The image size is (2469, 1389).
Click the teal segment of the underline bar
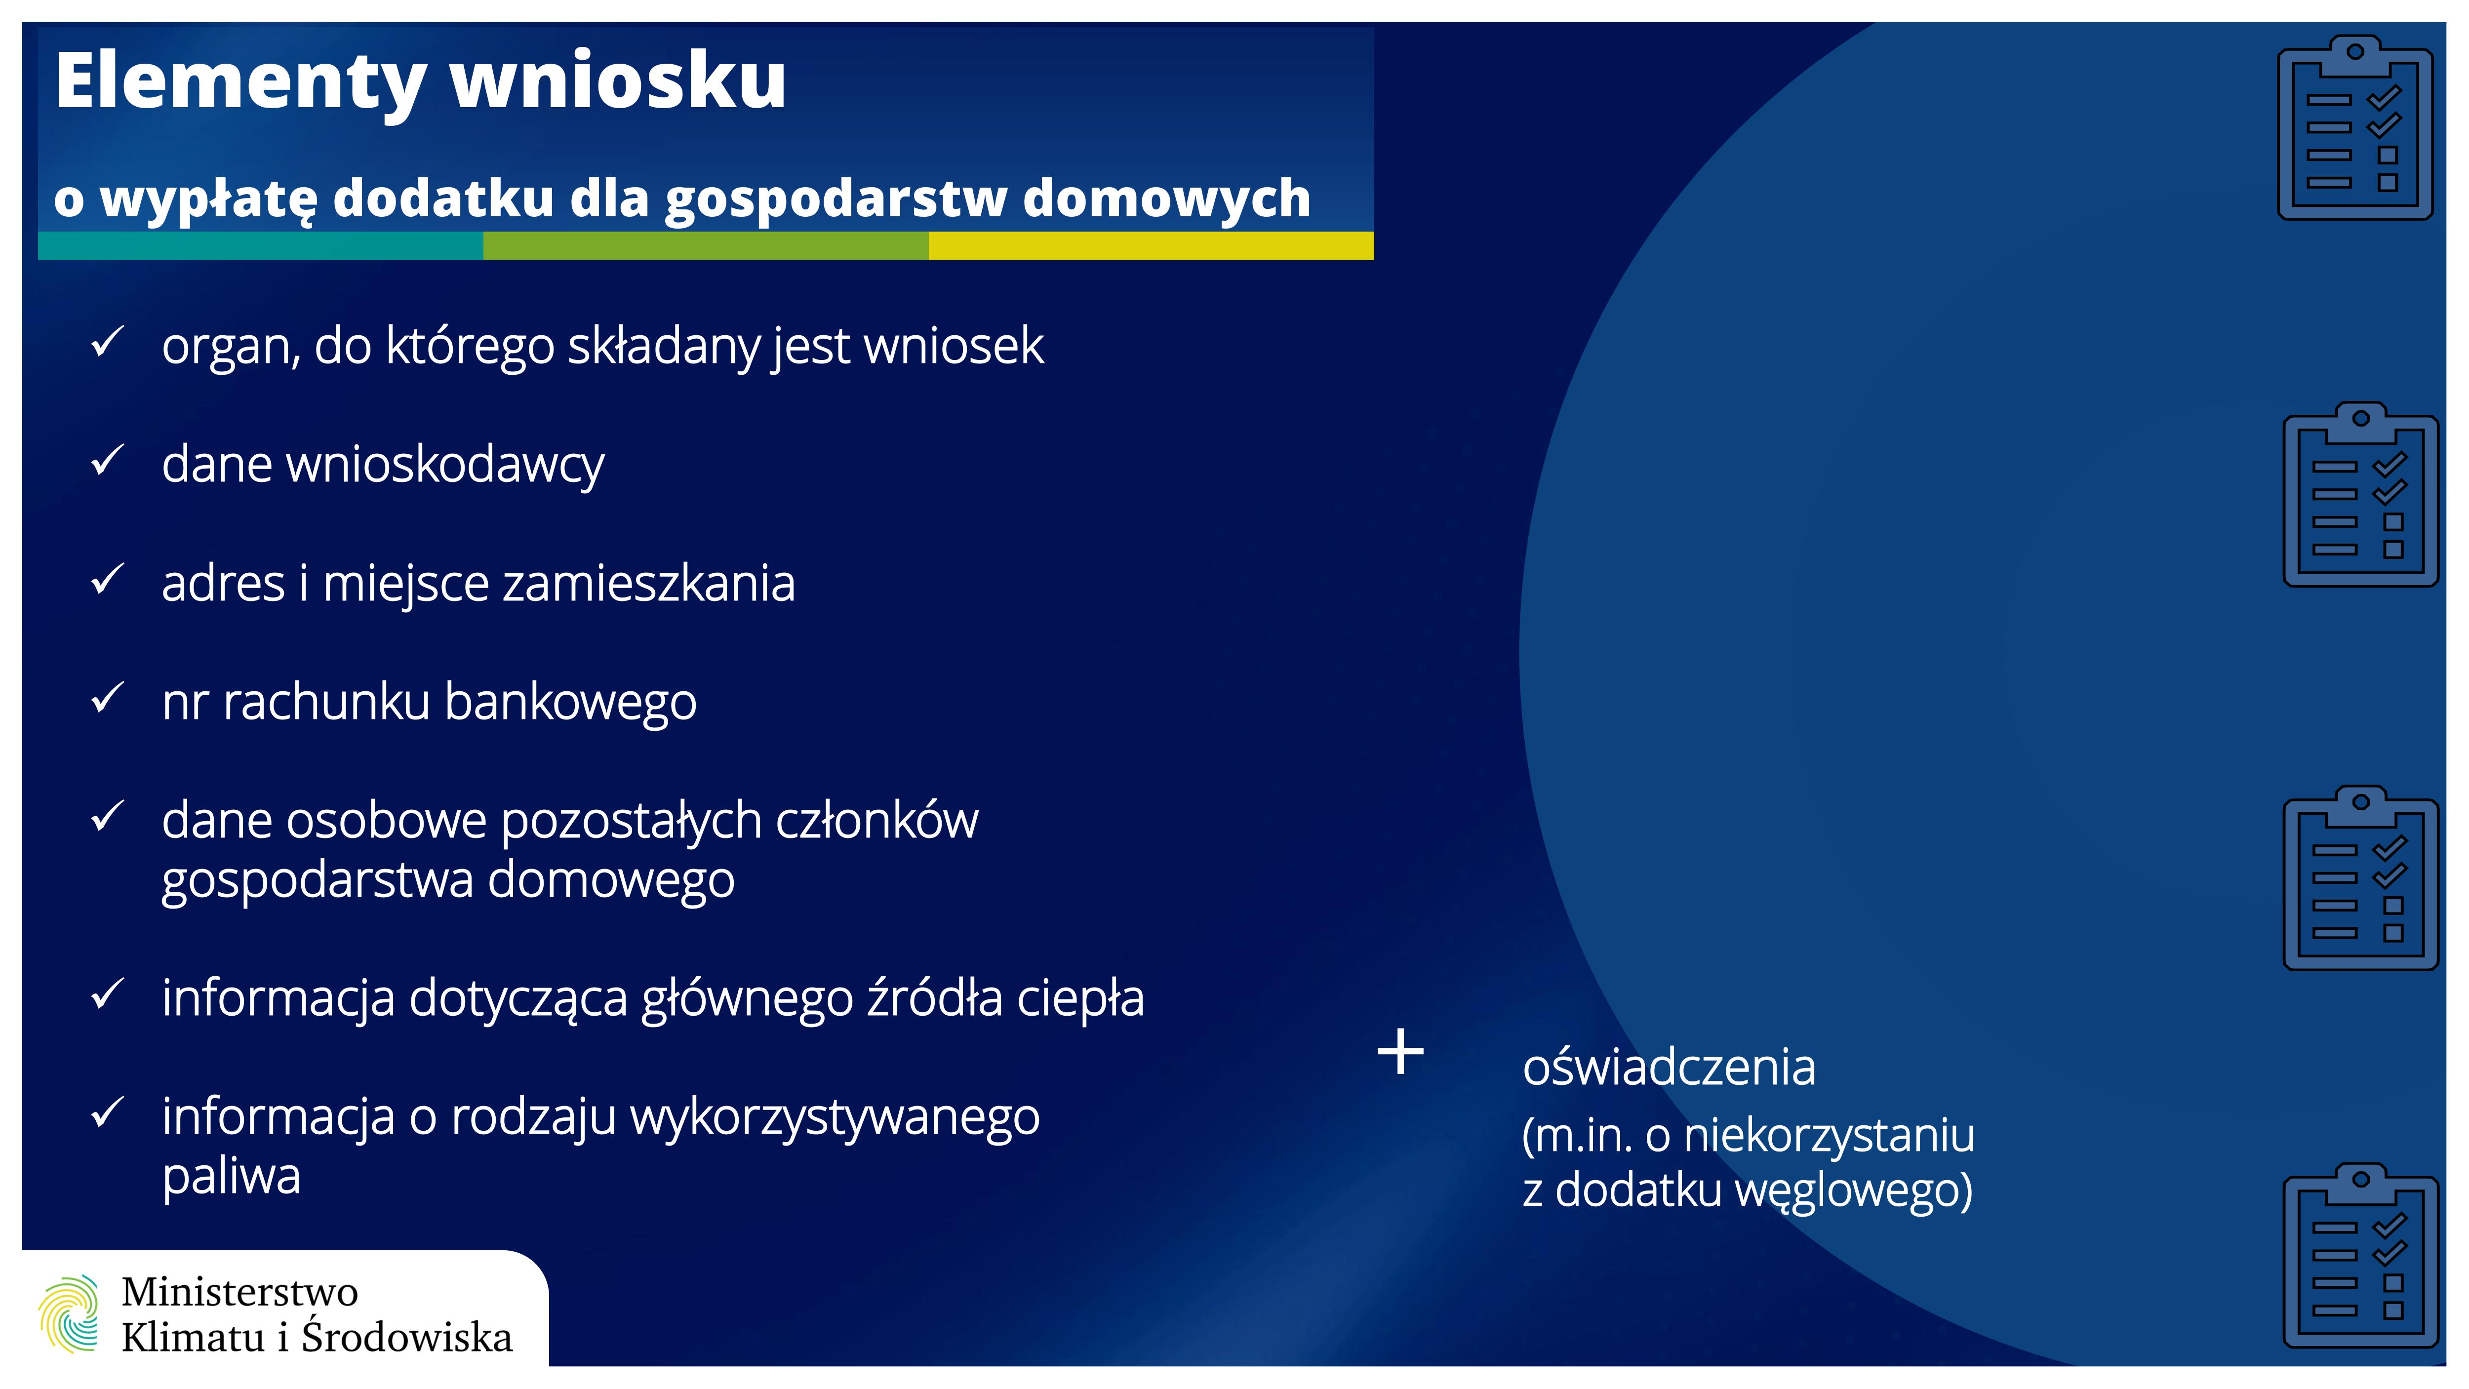[x=261, y=245]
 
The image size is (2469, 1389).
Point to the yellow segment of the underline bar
[x=1151, y=245]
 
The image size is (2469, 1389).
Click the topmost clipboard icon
[x=2355, y=127]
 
